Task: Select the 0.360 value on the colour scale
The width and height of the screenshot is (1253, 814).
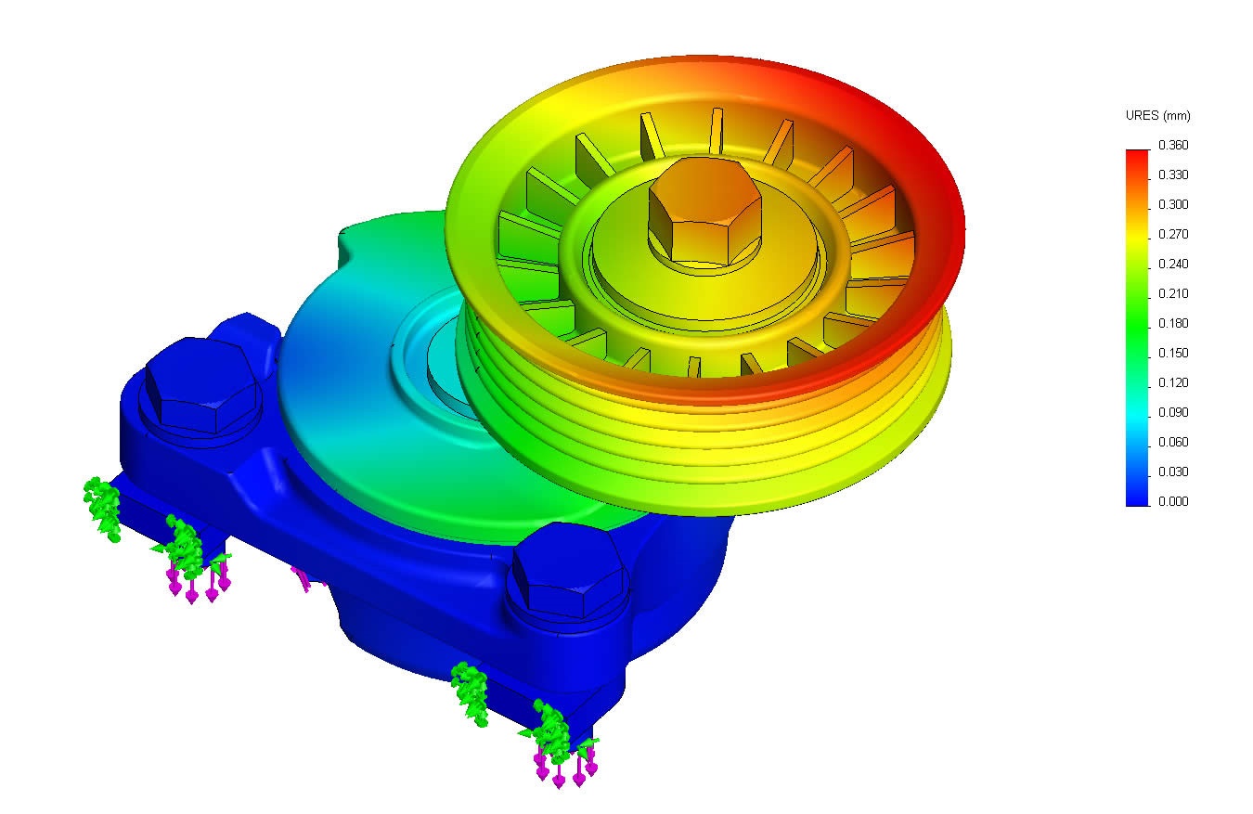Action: pyautogui.click(x=1173, y=146)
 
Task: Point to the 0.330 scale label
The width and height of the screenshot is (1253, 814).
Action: pyautogui.click(x=1173, y=175)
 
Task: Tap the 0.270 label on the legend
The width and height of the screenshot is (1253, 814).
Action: pyautogui.click(x=1173, y=235)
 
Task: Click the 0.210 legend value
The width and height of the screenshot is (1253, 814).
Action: pyautogui.click(x=1173, y=294)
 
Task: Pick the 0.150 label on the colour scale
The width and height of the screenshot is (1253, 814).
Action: pyautogui.click(x=1173, y=354)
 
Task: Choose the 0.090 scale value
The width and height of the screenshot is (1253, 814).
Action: pyautogui.click(x=1173, y=413)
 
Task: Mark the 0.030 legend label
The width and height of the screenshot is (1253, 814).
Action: pyautogui.click(x=1173, y=472)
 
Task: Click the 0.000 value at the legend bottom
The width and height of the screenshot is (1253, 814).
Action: pyautogui.click(x=1173, y=502)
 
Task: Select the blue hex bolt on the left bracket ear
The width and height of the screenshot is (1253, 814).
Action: pyautogui.click(x=200, y=385)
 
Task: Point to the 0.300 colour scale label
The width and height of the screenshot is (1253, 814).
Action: pyautogui.click(x=1173, y=205)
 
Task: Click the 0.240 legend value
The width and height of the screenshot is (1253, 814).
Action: pyautogui.click(x=1173, y=265)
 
